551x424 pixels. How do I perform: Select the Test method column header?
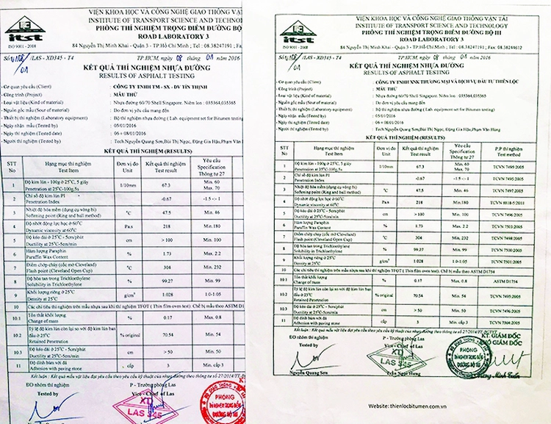[508, 152]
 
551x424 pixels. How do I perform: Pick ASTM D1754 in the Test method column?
[508, 281]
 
